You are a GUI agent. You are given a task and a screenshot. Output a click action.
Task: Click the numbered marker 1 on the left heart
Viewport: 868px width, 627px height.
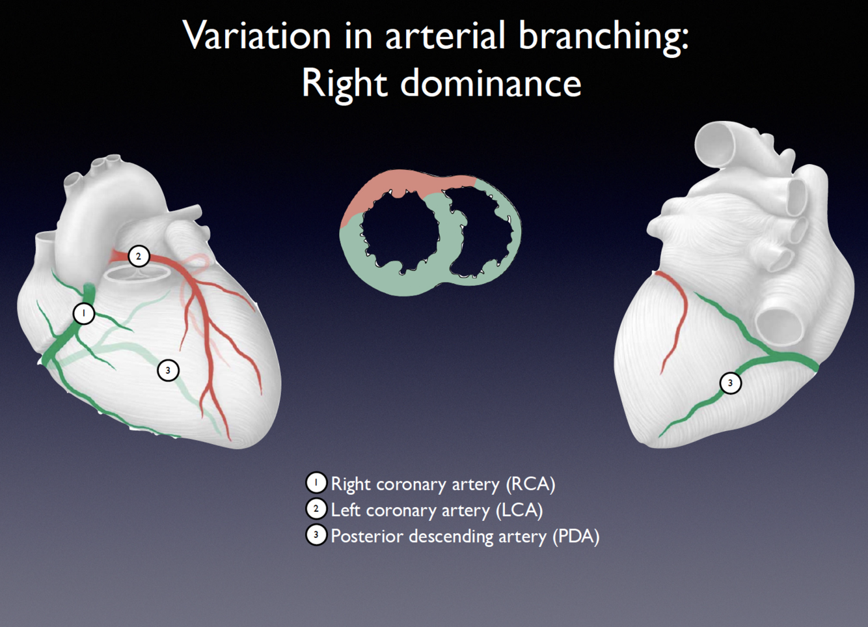tap(83, 314)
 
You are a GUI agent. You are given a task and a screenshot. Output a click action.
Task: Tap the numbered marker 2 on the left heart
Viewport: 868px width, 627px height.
tap(138, 256)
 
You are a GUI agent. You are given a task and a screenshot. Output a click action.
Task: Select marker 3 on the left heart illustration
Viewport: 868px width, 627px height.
tap(168, 370)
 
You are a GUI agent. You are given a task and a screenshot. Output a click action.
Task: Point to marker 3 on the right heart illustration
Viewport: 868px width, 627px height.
tap(730, 383)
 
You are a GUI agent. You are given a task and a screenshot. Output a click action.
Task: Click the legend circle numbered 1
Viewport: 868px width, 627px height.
tap(316, 483)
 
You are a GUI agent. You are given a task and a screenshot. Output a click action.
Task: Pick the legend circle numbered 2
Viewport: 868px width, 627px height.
tap(316, 509)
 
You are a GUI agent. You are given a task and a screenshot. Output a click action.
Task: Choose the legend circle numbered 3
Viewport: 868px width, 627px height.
tap(316, 535)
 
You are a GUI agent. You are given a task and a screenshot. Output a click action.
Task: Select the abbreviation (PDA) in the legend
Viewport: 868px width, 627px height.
tap(576, 536)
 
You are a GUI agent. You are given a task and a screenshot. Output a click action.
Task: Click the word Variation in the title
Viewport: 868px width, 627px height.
tap(256, 36)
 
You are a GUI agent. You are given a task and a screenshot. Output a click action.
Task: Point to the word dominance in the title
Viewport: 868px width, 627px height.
tap(491, 83)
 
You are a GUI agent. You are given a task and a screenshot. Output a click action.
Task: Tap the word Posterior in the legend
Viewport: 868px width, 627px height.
tap(366, 536)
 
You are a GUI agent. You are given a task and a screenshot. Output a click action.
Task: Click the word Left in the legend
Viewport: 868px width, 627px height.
tap(346, 510)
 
